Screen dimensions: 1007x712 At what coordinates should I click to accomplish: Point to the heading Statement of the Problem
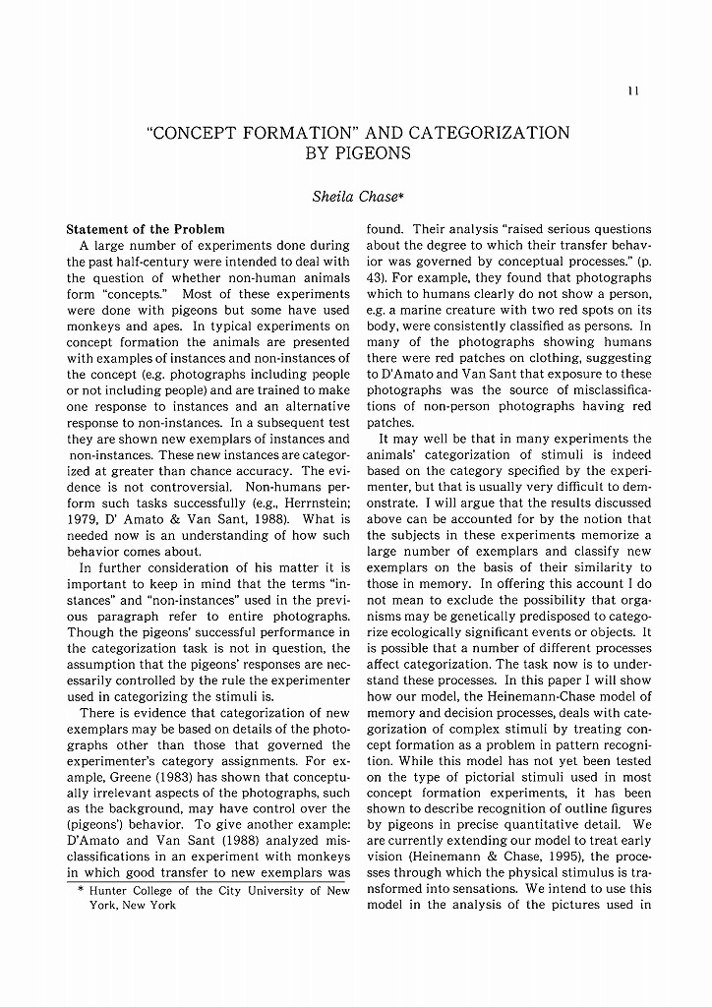pyautogui.click(x=146, y=229)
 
